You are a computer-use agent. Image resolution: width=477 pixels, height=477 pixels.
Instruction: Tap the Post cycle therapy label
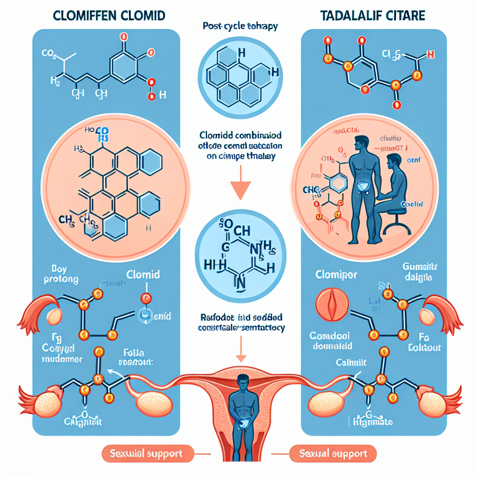[240, 26]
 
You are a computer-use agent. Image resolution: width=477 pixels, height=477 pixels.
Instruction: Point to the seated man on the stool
[396, 177]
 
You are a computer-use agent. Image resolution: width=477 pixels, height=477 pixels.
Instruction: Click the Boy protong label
[59, 275]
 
